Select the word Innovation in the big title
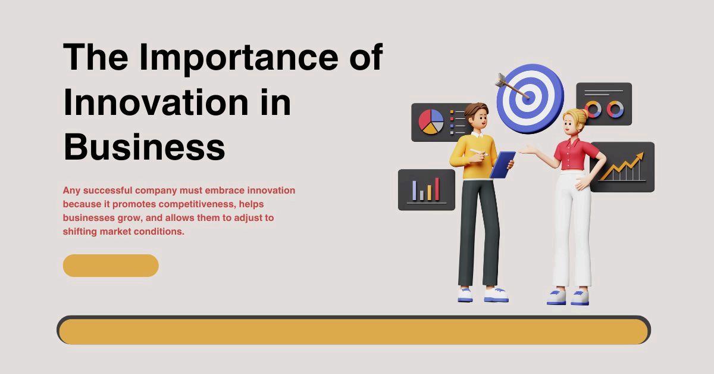click(x=156, y=102)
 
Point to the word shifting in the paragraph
click(x=80, y=231)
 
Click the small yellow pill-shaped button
click(x=111, y=266)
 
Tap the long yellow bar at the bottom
click(x=354, y=331)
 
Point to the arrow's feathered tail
click(x=500, y=80)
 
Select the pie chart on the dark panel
click(x=431, y=121)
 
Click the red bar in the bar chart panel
click(x=437, y=189)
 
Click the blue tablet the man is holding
click(x=503, y=164)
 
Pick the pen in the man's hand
click(x=478, y=152)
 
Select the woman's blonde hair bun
click(x=584, y=113)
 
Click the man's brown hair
click(x=476, y=110)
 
